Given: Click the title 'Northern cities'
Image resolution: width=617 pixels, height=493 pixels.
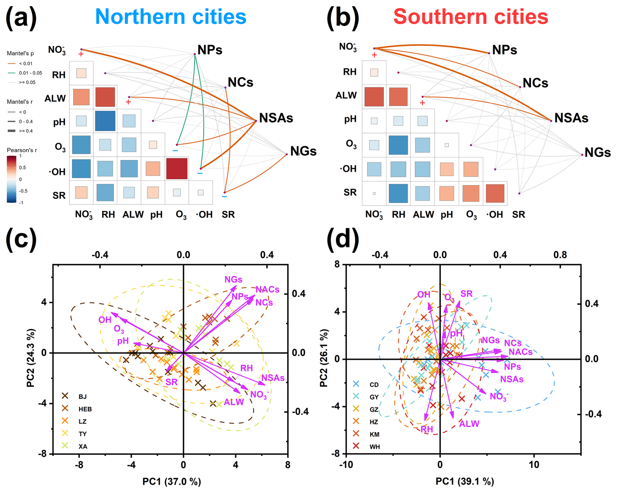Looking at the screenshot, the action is [x=171, y=17].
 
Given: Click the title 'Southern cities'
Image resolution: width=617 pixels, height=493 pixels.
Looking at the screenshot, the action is [x=471, y=17].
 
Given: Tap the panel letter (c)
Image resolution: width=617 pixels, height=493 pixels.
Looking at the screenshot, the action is [x=21, y=240].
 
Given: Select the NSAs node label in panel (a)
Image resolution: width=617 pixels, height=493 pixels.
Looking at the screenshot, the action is [x=276, y=118].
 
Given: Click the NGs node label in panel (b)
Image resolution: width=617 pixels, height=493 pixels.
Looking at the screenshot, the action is [x=597, y=152].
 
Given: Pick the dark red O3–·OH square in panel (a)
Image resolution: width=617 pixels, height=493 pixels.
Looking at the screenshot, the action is [x=177, y=168].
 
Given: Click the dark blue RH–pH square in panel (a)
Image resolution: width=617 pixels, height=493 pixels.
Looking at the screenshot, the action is [x=105, y=121].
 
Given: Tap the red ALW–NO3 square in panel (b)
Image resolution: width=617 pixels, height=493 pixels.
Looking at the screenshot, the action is [x=374, y=96].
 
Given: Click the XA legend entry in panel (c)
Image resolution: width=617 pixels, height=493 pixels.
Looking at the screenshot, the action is [x=75, y=446].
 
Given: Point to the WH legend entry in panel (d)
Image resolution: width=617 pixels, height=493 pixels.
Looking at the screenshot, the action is [x=367, y=446].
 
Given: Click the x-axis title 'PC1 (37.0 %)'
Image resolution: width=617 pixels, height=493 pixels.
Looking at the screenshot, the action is [x=172, y=481].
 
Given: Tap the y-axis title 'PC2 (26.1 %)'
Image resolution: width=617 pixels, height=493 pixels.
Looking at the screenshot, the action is [x=324, y=358].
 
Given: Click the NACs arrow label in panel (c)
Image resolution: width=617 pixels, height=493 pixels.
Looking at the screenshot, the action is [x=267, y=289].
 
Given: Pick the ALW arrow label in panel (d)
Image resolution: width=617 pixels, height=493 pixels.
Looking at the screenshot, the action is [x=469, y=424].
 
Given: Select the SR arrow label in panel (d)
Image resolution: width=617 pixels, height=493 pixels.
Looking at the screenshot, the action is [x=466, y=294].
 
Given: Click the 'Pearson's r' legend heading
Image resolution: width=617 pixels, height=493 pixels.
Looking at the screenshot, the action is [x=22, y=150].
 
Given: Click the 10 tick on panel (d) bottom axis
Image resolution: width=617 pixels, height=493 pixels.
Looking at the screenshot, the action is [x=534, y=464].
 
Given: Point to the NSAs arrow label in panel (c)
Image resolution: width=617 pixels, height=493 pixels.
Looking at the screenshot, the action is [x=273, y=378].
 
